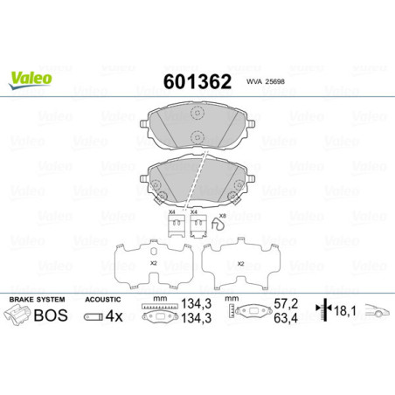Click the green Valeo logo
click(31, 78)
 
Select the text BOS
click(52, 315)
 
